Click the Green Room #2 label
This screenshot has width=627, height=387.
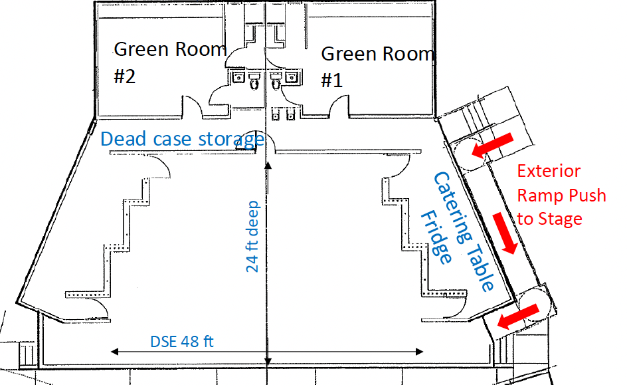pos(170,63)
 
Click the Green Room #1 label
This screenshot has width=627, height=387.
pos(377,67)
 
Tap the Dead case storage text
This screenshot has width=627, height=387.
pos(183,139)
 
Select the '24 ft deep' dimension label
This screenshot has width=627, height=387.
pos(252,237)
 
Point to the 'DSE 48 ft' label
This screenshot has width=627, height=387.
pos(182,342)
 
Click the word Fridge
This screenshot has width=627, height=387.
pos(436,237)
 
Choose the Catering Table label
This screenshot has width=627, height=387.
pos(464,231)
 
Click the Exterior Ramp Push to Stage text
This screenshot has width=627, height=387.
pos(561,195)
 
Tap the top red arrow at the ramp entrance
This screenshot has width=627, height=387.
pos(492,145)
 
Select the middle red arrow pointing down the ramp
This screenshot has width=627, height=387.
pos(505,233)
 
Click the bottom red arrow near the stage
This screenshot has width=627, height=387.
pos(518,316)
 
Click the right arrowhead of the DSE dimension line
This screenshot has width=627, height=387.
pos(419,352)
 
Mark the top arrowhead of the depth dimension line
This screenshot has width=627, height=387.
pos(268,166)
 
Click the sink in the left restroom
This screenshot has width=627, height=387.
pos(238,77)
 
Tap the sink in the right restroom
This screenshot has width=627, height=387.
pos(291,77)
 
